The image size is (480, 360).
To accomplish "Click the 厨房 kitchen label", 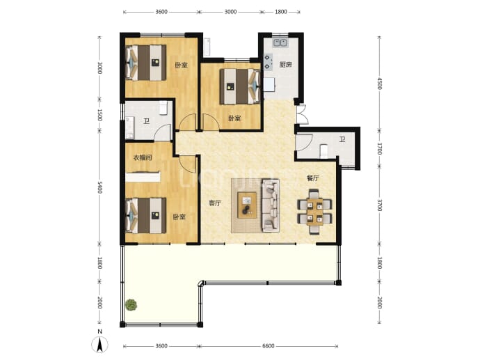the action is (285, 64).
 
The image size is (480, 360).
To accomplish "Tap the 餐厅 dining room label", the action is (313, 178).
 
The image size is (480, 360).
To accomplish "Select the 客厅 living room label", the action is (215, 203).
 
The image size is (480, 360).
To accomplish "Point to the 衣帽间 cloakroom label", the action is (143, 158).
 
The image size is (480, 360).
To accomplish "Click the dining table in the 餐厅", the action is (314, 212).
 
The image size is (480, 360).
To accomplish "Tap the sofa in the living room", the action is (271, 205).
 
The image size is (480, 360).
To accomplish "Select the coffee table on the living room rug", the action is (248, 205).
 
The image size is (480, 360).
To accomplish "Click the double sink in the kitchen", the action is (280, 42).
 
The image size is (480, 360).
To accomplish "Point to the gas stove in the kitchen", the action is (269, 61).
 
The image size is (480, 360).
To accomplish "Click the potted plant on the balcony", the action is (131, 305).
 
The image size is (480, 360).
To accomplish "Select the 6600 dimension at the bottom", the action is (268, 346).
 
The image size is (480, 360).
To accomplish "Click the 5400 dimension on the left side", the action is (99, 187).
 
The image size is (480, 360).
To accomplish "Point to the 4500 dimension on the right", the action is (380, 84).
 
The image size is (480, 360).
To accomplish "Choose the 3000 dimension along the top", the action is (230, 12).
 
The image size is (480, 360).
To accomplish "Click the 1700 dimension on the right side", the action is (380, 148).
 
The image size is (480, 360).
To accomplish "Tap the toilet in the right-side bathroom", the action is (323, 151).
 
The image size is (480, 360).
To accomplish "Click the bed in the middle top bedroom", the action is (240, 86).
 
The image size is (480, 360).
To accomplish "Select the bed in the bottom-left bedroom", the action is (145, 215).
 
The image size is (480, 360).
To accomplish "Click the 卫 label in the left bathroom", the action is (146, 121).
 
